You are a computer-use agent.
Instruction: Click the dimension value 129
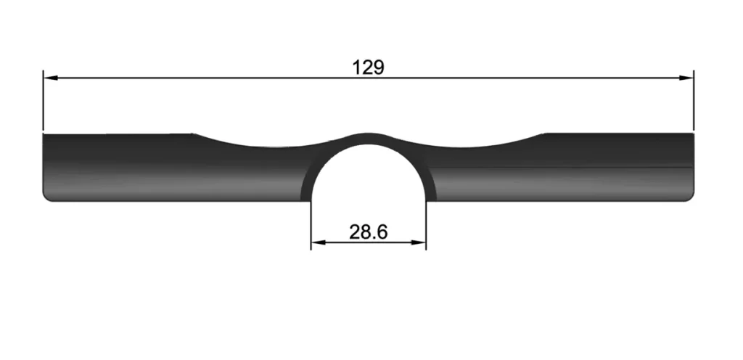(368, 67)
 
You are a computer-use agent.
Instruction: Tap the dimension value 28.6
(368, 232)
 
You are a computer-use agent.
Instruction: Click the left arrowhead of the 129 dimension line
(50, 78)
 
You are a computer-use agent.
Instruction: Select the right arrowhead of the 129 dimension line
(686, 78)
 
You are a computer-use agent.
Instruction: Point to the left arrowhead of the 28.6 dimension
(319, 242)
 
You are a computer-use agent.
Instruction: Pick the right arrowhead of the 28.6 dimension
(419, 242)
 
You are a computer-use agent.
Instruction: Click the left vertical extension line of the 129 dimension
(43, 100)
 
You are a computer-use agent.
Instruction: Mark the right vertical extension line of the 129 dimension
(693, 100)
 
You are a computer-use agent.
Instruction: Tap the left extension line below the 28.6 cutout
(311, 225)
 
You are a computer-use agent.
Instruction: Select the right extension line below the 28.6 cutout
(426, 225)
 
